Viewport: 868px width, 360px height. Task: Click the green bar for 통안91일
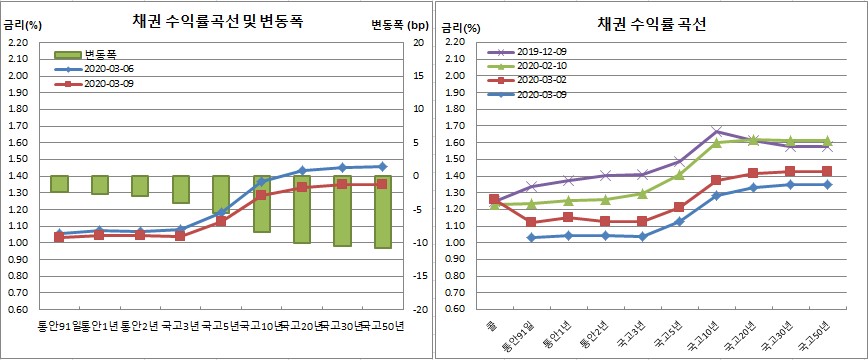[x=59, y=184]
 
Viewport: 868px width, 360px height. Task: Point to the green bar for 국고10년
[x=261, y=204]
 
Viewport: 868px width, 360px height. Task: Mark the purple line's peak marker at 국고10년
[x=717, y=131]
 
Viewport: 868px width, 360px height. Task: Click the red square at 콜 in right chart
[x=494, y=199]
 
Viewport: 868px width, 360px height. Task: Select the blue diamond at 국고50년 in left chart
[x=384, y=166]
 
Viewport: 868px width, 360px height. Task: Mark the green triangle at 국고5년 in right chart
[x=679, y=175]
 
